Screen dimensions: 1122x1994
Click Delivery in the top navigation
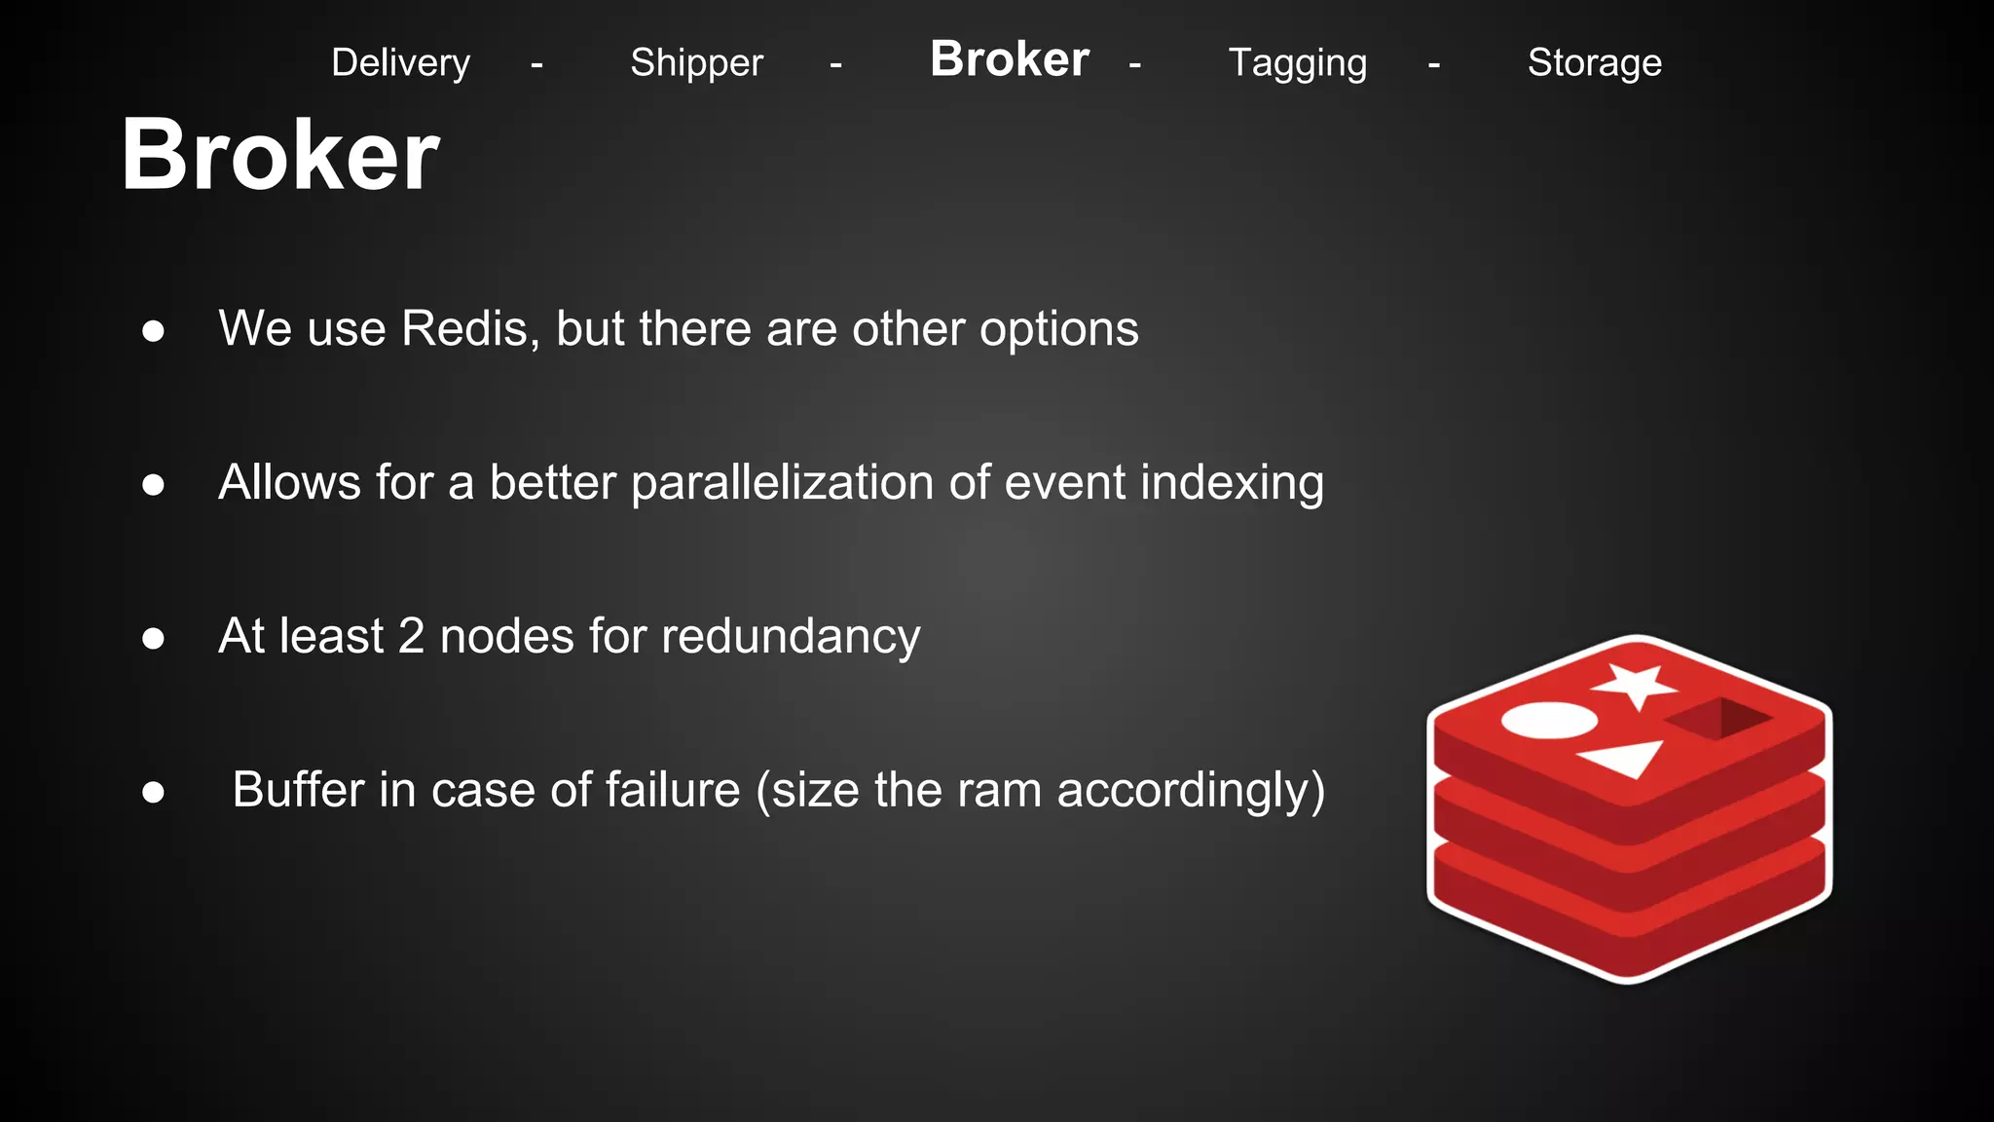coord(400,63)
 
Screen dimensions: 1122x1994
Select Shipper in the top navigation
coord(696,63)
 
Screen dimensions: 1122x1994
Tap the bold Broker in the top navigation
coord(1009,59)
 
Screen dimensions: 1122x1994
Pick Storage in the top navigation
coord(1594,63)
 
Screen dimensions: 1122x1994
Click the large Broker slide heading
coord(280,155)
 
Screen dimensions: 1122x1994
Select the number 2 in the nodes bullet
coord(411,637)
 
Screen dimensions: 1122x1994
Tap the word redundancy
coord(791,637)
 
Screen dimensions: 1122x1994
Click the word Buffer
coord(298,790)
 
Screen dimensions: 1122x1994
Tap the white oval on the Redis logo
coord(1549,721)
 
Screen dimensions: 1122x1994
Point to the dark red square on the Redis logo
coord(1718,719)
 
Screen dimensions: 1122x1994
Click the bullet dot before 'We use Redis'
coord(153,331)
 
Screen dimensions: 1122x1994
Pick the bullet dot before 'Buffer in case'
coord(153,792)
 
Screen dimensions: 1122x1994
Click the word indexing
coord(1232,483)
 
